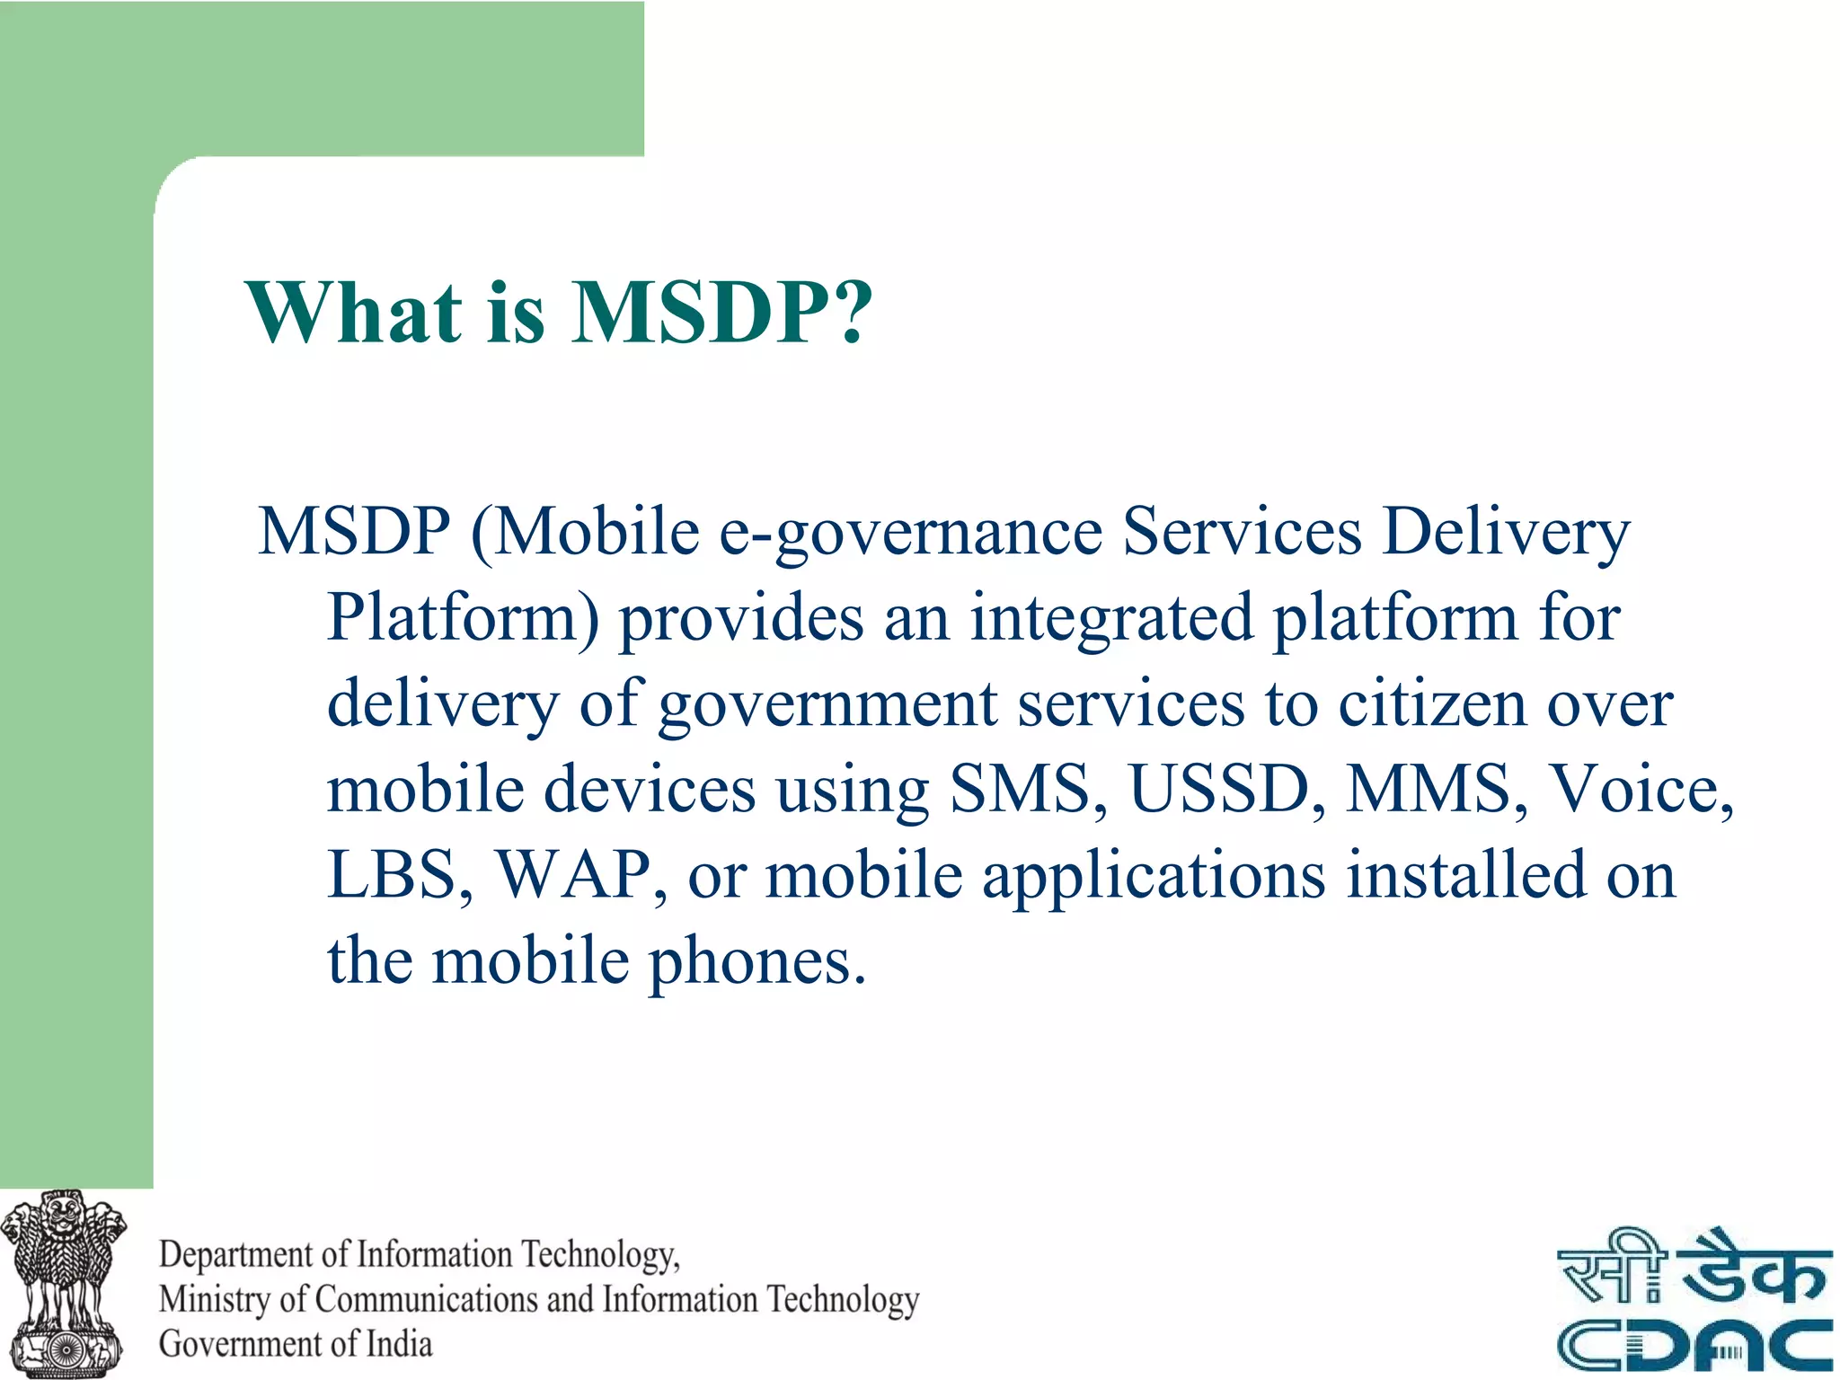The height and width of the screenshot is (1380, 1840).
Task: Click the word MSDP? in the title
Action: (722, 313)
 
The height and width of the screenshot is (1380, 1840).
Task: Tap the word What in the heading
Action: (354, 313)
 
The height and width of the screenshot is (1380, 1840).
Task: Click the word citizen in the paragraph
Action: (1432, 703)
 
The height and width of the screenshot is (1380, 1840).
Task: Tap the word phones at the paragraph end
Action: (756, 961)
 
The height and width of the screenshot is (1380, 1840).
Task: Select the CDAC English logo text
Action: (1694, 1345)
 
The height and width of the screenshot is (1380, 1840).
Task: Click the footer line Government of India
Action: (296, 1344)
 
